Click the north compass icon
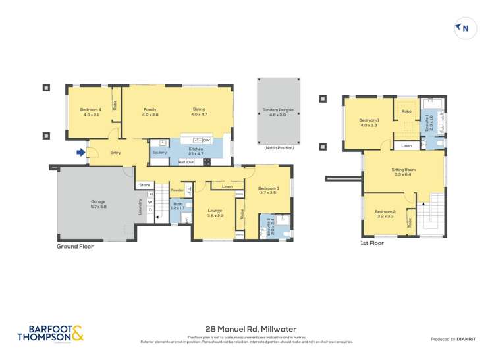point(465,28)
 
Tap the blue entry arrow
point(80,153)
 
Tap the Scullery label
point(159,153)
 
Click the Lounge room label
point(216,213)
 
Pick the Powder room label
point(177,190)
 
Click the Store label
point(144,186)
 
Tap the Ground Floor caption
point(75,247)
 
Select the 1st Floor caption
point(372,243)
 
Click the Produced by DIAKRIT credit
point(453,339)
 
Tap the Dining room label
point(199,112)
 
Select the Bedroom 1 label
point(369,122)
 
